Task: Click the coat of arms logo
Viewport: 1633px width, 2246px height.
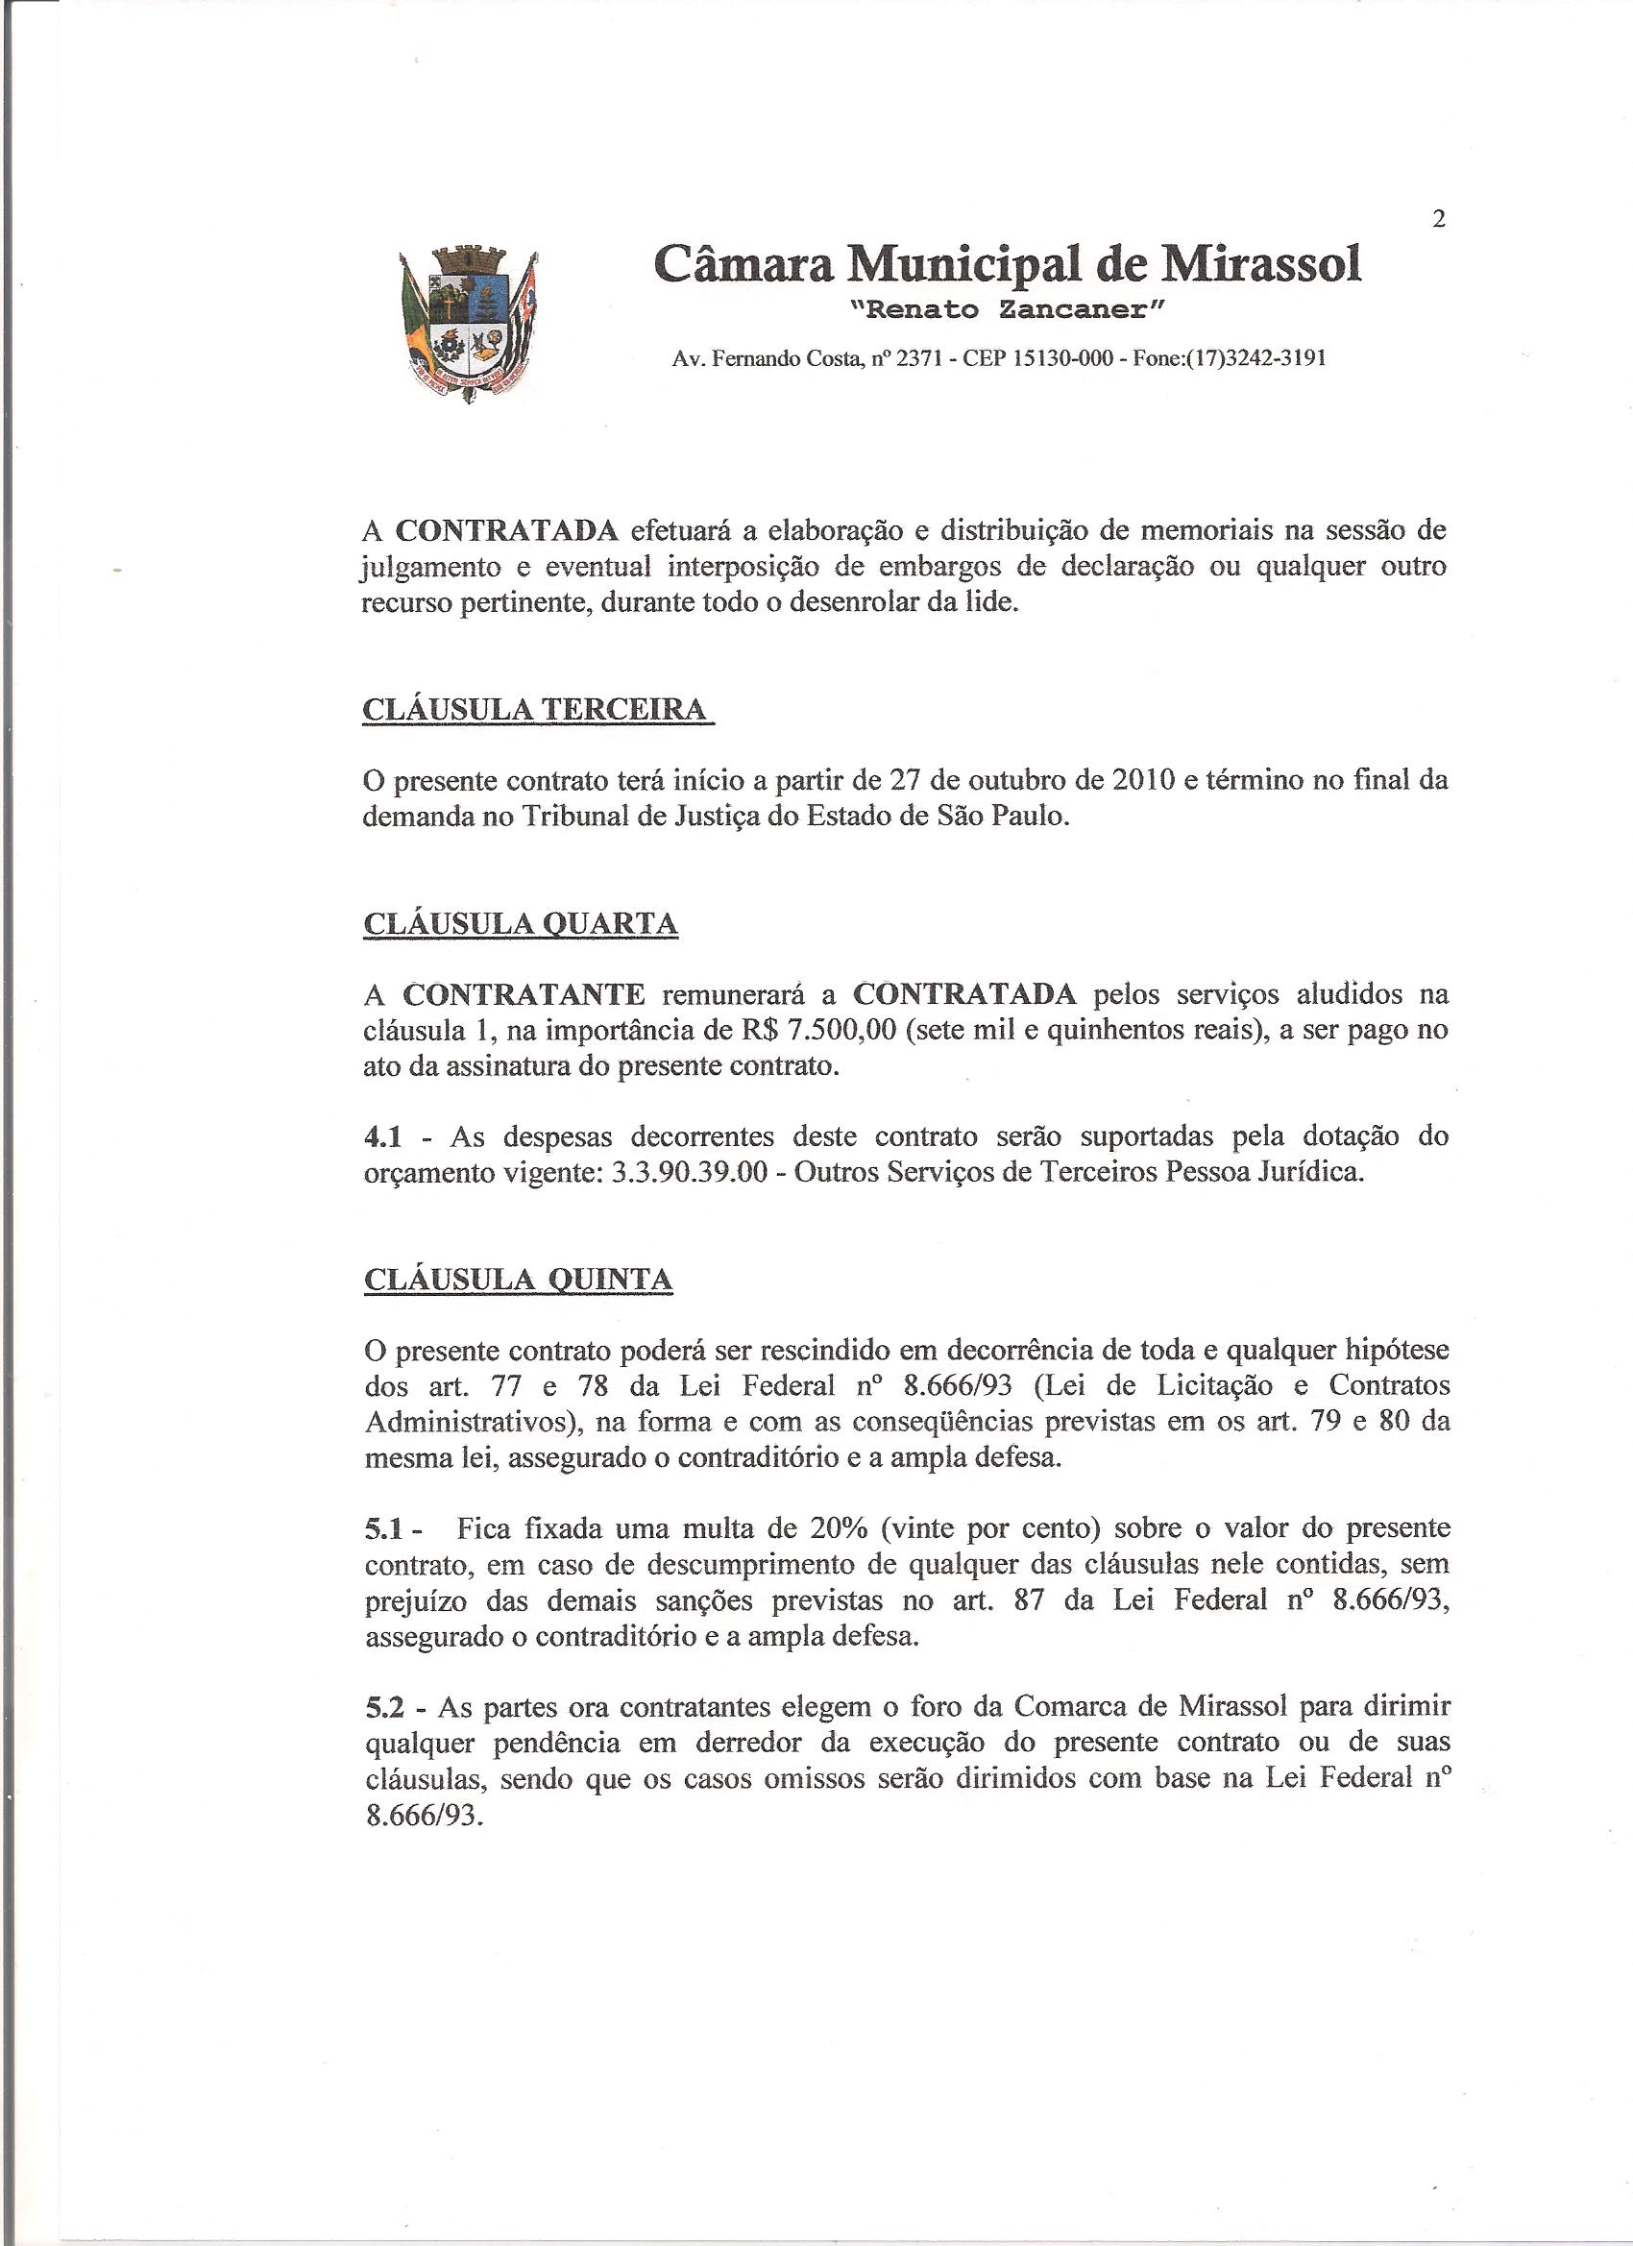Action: [x=469, y=323]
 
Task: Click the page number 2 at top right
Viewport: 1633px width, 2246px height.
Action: [x=1439, y=220]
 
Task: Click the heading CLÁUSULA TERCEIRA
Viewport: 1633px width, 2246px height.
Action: [x=537, y=710]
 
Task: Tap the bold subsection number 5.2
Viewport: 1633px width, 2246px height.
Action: [x=383, y=1707]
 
